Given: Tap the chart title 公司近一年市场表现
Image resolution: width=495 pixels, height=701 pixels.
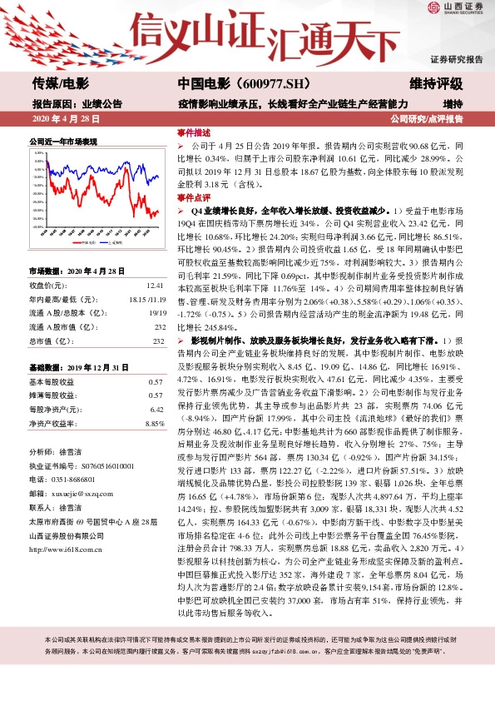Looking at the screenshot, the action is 63,142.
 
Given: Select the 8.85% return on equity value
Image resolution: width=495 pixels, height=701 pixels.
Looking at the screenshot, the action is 155,424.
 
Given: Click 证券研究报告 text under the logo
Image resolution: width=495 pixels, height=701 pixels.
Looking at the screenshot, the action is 456,60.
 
